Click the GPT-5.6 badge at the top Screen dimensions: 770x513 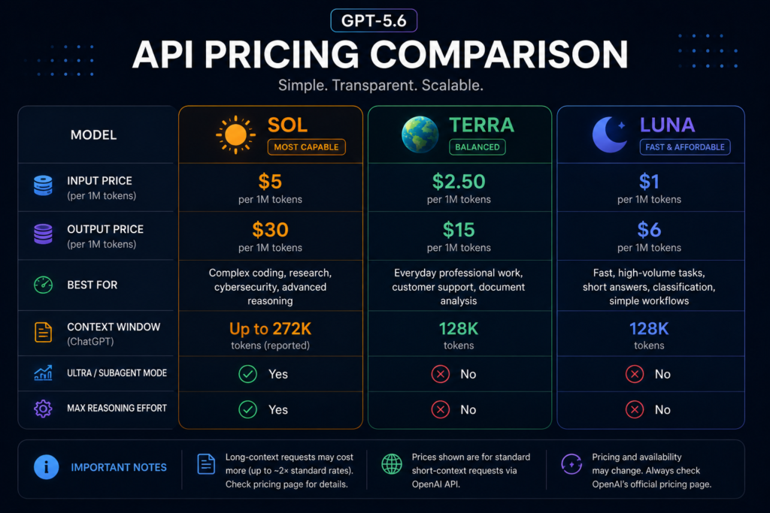(374, 20)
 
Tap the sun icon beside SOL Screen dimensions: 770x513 (235, 135)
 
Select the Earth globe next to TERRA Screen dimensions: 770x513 (420, 134)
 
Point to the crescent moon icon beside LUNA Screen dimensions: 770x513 (609, 134)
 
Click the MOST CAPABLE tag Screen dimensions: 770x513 (307, 147)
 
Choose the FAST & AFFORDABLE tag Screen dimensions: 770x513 (685, 147)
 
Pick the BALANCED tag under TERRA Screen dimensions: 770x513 (477, 147)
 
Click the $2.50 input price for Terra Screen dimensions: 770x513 (459, 182)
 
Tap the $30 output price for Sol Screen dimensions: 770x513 (270, 230)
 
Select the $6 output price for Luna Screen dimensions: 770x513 (649, 230)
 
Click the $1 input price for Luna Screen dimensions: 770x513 (649, 182)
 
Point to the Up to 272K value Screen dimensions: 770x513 (270, 328)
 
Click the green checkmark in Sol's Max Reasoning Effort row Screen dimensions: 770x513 (247, 409)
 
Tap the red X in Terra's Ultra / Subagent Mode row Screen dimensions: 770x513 (441, 374)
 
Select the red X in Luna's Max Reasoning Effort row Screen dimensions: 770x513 (635, 409)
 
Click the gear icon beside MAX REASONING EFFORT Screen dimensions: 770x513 (43, 408)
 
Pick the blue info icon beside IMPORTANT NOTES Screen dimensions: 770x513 (46, 467)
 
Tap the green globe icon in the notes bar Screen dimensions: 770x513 (392, 464)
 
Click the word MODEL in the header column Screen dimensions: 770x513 (93, 135)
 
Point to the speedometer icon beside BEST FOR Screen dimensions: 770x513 (43, 285)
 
